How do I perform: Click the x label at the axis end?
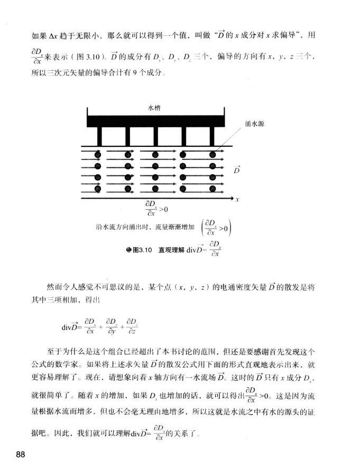(x=238, y=200)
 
